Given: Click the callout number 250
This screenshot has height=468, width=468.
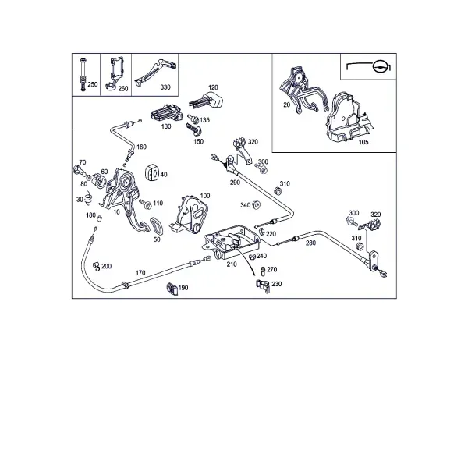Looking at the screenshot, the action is click(x=93, y=84).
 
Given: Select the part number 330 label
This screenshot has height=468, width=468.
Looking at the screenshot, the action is click(x=165, y=87).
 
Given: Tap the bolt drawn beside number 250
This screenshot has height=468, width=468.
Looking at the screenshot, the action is click(x=83, y=75).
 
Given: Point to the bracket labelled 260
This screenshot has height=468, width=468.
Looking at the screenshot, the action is click(x=114, y=73).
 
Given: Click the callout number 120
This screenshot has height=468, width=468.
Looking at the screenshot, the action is click(x=213, y=87).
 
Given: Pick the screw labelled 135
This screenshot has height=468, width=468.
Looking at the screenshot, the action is click(x=193, y=119).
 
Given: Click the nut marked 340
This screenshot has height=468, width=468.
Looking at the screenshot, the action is click(x=256, y=205).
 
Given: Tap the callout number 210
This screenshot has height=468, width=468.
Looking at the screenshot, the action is click(x=232, y=264).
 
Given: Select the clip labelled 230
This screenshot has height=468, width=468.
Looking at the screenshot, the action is click(x=263, y=286).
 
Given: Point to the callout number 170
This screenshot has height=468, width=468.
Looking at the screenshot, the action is click(x=140, y=273).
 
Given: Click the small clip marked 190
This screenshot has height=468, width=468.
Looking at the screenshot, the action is click(x=172, y=289).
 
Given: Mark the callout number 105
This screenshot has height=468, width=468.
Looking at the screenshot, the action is click(x=363, y=142).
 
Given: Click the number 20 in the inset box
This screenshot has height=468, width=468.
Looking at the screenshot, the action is click(x=286, y=105).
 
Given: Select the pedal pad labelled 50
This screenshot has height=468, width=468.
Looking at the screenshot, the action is click(x=157, y=226).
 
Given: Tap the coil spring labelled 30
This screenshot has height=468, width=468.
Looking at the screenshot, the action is click(x=88, y=198).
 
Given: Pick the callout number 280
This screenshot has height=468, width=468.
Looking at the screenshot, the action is click(x=310, y=243).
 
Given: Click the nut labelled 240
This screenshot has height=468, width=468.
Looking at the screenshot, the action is click(x=252, y=257).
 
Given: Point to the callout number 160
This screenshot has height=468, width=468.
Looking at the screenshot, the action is click(x=141, y=147).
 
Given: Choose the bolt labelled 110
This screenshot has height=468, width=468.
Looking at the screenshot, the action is click(x=145, y=204).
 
